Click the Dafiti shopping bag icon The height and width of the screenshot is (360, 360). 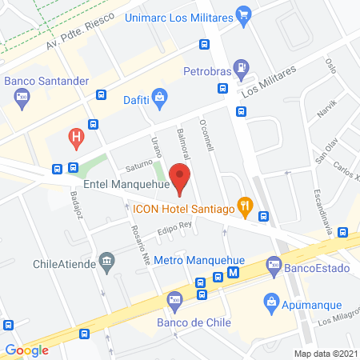point(160,98)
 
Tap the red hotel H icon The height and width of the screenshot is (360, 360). point(76,137)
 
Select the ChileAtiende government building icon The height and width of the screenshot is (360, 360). point(106,262)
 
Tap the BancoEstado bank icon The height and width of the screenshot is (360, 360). point(274,263)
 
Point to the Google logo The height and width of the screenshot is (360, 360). point(26,350)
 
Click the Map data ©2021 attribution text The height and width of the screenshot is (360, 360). point(325,353)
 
